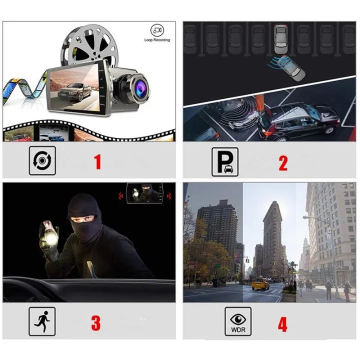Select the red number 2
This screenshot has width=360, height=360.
coord(283,161)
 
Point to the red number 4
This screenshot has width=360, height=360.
coord(283,322)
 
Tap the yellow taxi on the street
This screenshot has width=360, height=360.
coord(259,283)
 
